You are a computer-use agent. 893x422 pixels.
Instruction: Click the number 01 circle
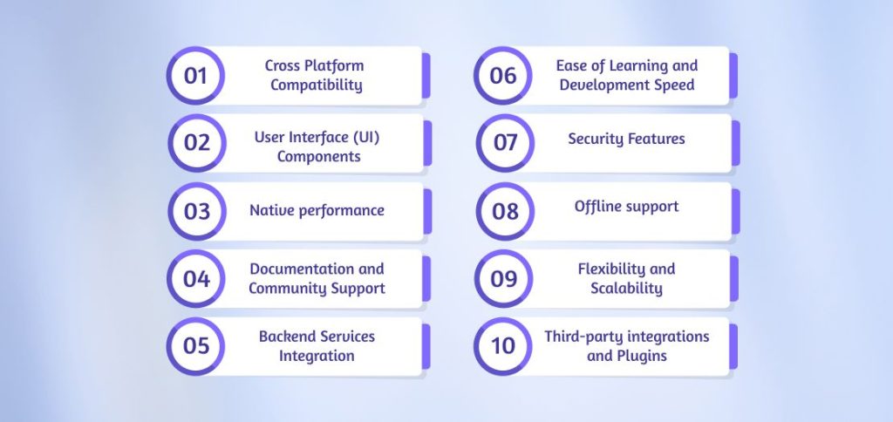coord(196,76)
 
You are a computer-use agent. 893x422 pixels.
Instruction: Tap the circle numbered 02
coord(196,142)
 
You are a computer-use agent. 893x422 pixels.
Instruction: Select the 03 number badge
coord(196,211)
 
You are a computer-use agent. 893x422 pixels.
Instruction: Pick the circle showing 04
coord(196,279)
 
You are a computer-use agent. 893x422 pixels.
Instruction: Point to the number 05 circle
coord(196,345)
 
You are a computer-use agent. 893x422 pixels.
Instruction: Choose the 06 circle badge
coord(503,76)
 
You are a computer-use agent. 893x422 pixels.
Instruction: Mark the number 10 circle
coord(503,345)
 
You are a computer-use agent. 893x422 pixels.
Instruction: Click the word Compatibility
coord(316,85)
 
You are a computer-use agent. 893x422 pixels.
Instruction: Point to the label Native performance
coord(317,210)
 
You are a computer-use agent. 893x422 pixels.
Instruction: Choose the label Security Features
coord(626,139)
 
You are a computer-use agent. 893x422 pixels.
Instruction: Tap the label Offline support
coord(626,207)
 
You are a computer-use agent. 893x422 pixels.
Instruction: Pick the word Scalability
coord(626,289)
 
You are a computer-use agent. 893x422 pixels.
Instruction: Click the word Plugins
coord(639,356)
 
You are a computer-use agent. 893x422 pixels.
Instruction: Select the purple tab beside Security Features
coord(735,143)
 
